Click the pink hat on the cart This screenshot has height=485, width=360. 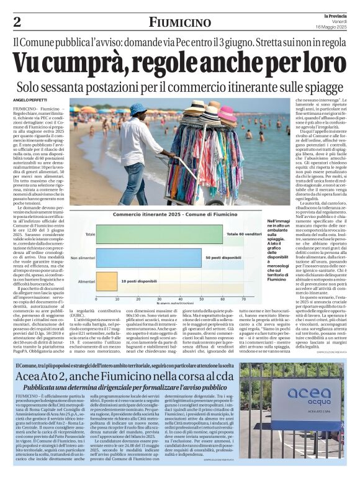click(x=227, y=114)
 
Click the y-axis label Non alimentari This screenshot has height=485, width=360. click(x=83, y=258)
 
